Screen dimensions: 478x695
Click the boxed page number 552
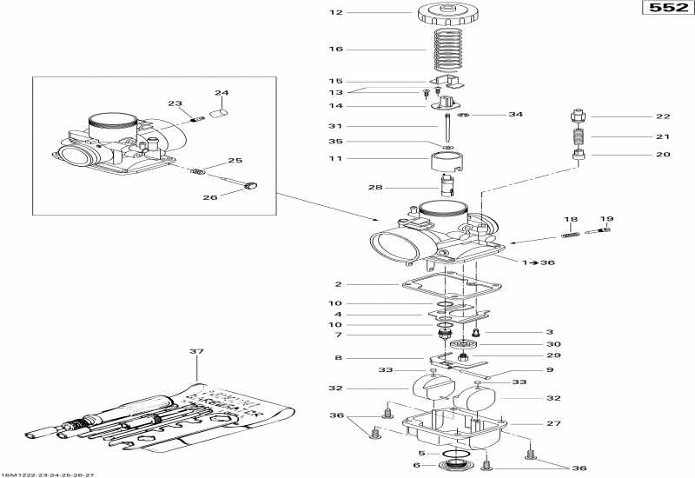coord(662,10)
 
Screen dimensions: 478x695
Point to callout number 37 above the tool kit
coord(195,351)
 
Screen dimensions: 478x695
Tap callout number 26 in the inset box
coord(211,197)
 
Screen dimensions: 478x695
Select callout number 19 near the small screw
coord(606,219)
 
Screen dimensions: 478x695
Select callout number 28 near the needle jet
coord(375,187)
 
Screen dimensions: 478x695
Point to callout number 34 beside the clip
coord(516,115)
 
